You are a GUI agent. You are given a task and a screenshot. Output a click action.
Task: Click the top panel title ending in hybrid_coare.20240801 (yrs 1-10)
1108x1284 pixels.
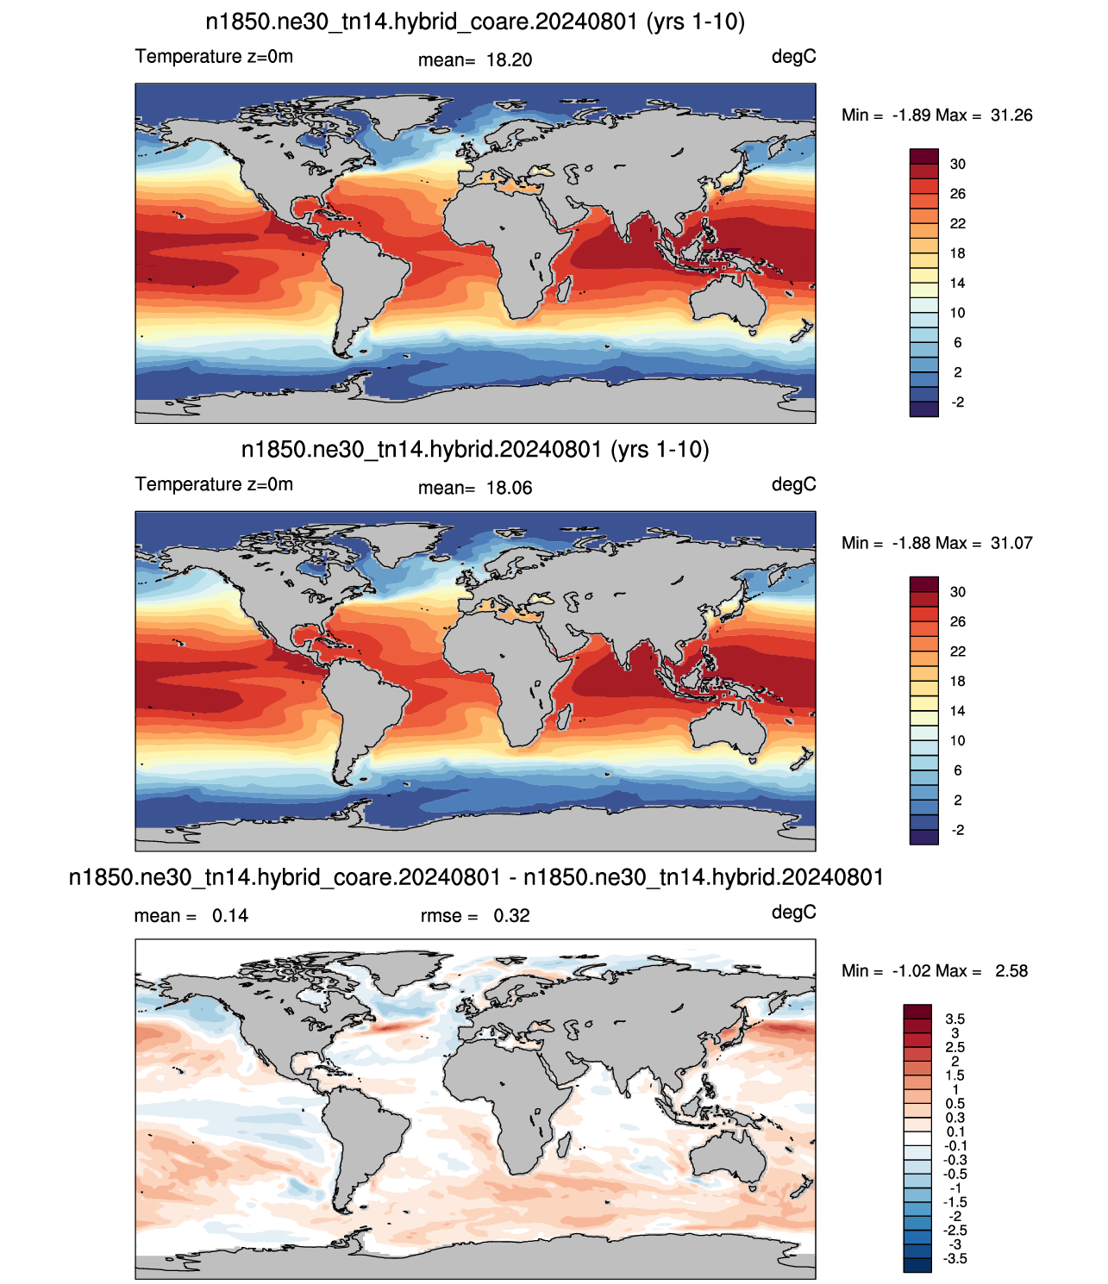point(475,22)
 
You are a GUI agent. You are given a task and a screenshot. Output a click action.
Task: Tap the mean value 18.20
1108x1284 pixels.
point(509,60)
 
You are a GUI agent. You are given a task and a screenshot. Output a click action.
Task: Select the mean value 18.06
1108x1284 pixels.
point(509,488)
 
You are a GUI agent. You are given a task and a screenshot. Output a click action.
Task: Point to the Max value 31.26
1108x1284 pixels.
point(1011,115)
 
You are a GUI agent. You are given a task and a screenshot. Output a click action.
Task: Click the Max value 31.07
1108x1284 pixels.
point(1011,543)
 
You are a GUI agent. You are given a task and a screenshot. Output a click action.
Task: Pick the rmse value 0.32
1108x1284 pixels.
point(511,916)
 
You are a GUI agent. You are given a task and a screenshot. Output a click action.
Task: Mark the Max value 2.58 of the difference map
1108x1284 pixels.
point(1011,970)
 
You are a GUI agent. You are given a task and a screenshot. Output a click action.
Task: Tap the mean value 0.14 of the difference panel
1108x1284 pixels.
point(230,916)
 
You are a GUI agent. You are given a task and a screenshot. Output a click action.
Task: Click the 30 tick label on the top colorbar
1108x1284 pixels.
point(958,164)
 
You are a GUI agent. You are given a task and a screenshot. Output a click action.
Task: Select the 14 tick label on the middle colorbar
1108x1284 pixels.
point(958,711)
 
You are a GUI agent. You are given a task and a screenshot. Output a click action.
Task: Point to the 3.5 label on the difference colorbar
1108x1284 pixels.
point(955,1019)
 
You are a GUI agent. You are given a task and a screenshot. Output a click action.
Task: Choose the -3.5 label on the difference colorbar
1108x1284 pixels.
point(955,1258)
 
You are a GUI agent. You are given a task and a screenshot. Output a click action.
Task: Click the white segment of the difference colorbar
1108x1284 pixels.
point(917,1138)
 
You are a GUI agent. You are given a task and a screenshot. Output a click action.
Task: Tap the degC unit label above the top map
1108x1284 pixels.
point(793,57)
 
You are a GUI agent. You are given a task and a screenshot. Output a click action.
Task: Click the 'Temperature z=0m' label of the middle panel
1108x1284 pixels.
point(214,484)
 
